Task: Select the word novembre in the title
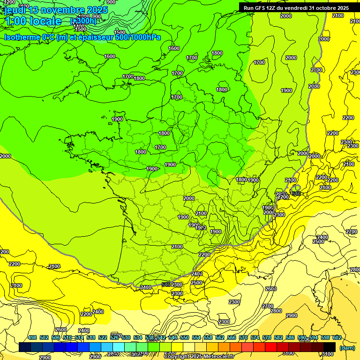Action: coord(60,10)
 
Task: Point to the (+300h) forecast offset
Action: coord(83,21)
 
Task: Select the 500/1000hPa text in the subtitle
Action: coord(139,37)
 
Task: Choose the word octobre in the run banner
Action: coord(325,8)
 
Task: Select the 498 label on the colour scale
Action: coord(32,338)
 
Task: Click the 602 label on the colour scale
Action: coord(337,338)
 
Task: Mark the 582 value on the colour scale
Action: coord(278,338)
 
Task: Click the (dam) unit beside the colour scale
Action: coord(347,347)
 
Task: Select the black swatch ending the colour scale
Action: coord(330,347)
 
